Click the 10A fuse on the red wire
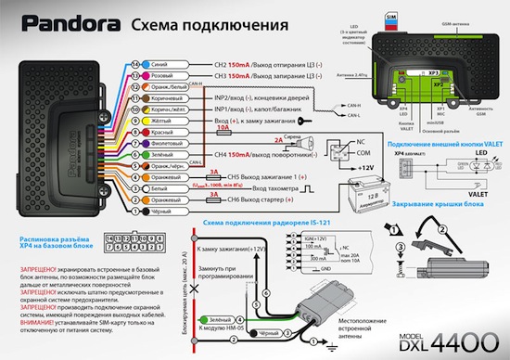(x=223, y=130)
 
